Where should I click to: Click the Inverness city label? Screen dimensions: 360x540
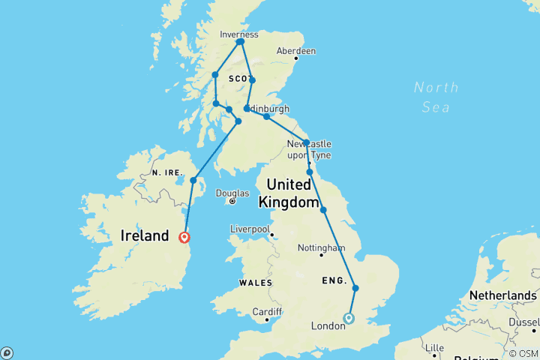click(239, 34)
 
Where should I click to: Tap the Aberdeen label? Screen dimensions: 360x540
click(296, 51)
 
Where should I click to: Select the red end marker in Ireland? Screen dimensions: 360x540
click(184, 238)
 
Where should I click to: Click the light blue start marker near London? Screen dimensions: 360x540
click(349, 319)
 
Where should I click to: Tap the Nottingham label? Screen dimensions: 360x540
click(321, 247)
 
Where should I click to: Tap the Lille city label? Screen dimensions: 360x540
click(433, 349)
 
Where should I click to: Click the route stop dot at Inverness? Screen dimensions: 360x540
click(240, 42)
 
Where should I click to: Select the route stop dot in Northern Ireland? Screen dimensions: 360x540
click(193, 180)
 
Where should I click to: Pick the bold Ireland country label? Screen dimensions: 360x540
click(144, 236)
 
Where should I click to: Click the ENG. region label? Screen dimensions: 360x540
click(334, 281)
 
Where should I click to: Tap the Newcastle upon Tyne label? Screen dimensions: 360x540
click(309, 148)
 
